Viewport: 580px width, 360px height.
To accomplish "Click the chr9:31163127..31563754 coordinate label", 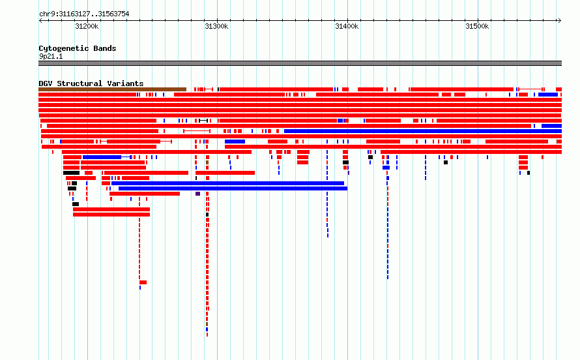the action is (x=84, y=14).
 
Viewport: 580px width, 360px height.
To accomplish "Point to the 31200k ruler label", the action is (x=87, y=26).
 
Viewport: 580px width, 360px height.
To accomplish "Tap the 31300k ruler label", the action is (x=216, y=26).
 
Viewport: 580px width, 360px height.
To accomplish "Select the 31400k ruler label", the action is (x=347, y=26).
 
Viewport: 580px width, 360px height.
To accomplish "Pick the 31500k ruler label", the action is (x=477, y=26).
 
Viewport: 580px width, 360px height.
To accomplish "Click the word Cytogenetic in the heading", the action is (x=64, y=48).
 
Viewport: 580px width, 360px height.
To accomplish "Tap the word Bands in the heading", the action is (x=105, y=48).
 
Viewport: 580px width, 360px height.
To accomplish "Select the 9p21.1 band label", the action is (x=51, y=56).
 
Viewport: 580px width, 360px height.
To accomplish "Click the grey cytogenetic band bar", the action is (x=300, y=63).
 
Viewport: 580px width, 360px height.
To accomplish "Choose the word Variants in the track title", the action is (x=125, y=83).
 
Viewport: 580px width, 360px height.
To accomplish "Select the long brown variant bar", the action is (x=113, y=89).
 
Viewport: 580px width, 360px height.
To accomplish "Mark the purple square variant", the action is (x=198, y=194).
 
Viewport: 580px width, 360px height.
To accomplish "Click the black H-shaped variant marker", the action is (x=203, y=121).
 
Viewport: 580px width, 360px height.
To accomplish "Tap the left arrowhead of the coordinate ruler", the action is (x=40, y=21).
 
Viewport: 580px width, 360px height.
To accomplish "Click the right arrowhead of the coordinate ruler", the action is (x=560, y=21).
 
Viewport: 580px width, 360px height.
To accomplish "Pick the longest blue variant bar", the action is (x=423, y=131).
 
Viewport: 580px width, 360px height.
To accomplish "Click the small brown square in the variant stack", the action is (x=207, y=162).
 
